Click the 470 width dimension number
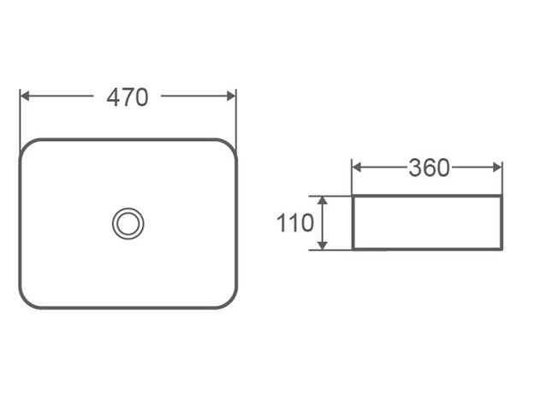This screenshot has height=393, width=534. (128, 97)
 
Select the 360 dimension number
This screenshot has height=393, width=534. (429, 168)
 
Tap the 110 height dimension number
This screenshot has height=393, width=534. (295, 223)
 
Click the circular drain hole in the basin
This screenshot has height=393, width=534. (128, 223)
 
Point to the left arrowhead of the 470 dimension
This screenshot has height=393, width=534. (25, 97)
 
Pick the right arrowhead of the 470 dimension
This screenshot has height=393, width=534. (231, 97)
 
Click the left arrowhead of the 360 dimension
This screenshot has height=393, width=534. (357, 167)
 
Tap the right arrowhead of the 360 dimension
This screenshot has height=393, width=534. (497, 167)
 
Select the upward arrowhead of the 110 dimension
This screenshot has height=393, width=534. (322, 201)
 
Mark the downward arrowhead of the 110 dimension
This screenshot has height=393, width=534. (322, 245)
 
